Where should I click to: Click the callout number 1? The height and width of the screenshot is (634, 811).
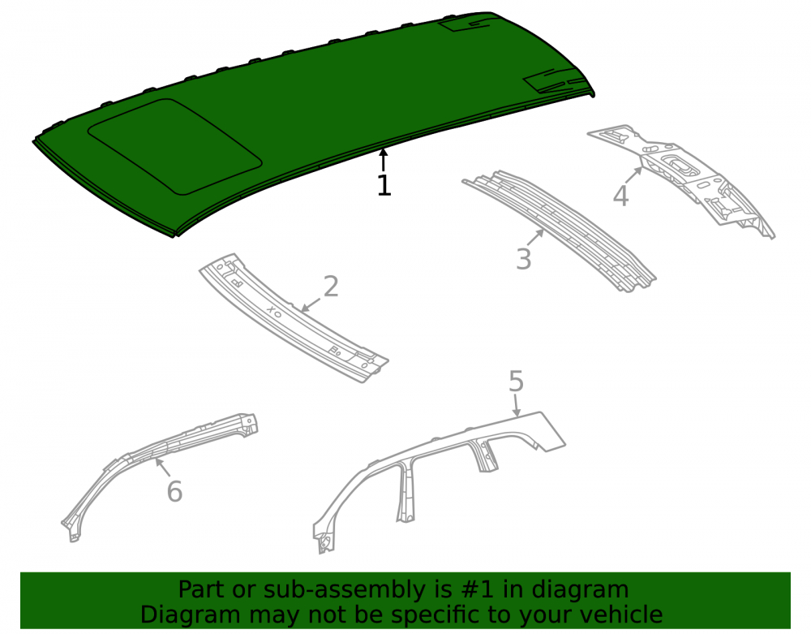[384, 185]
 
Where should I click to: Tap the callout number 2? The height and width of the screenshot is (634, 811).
[331, 287]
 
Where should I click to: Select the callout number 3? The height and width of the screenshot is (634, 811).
[523, 259]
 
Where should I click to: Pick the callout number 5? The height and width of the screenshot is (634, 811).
[516, 381]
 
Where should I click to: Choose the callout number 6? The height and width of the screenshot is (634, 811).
[175, 491]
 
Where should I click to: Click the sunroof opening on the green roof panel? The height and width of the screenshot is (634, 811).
[175, 147]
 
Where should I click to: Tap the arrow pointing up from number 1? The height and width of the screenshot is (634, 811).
[383, 159]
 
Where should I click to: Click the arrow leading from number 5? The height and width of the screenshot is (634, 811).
[516, 405]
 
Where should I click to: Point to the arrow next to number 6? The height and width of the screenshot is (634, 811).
[163, 468]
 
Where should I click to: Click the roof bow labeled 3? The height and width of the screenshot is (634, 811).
[559, 231]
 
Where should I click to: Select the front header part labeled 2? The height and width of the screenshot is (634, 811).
[294, 317]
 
